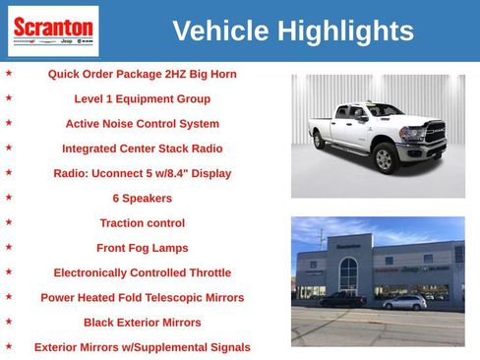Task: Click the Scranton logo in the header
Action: pos(53,30)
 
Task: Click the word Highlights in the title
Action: pos(344,31)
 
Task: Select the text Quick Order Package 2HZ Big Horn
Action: pos(142,74)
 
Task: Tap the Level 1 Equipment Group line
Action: pos(142,98)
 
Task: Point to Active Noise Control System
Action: pos(142,124)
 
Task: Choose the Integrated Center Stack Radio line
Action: pos(142,149)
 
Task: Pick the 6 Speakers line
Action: pos(142,198)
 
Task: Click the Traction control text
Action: pos(142,223)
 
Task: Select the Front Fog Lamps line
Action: pos(142,248)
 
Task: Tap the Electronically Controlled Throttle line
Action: pos(142,272)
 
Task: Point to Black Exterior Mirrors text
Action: pos(142,322)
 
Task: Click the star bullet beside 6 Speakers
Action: pos(9,197)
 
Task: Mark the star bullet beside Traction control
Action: pos(9,221)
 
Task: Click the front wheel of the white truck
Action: pos(386,159)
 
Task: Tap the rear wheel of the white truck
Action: pos(321,141)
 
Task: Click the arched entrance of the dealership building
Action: pos(348,270)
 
